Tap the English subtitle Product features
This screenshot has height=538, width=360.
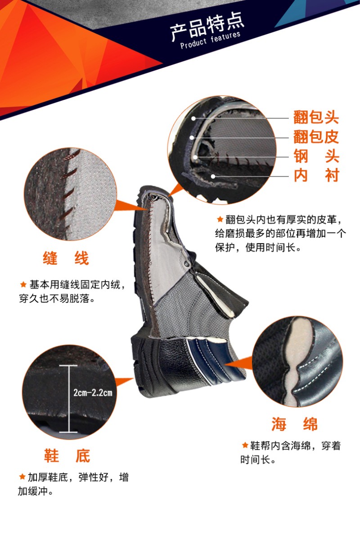pos(210,40)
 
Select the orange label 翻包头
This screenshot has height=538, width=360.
pos(316,118)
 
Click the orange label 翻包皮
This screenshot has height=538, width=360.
pos(316,137)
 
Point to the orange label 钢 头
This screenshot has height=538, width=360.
pos(316,156)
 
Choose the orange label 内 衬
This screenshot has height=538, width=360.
pos(316,175)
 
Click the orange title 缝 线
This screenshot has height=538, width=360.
pos(66,258)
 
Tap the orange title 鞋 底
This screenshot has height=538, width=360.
pos(67,456)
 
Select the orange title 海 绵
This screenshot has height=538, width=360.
pos(294,424)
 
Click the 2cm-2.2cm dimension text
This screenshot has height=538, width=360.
pos(93,393)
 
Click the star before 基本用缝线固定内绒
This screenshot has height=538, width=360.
pos(23,285)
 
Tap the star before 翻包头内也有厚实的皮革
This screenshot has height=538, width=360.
pos(220,219)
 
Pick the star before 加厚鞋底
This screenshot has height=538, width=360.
pos(22,477)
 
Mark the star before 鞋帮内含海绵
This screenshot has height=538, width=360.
pos(245,445)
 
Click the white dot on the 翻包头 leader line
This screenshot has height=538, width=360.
pos(193,118)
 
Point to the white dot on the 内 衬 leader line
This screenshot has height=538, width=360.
pos(213,176)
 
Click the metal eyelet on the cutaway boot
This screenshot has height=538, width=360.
pos(187,263)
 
